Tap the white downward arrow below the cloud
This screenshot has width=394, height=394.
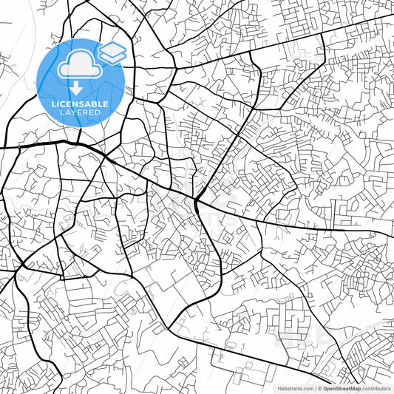[76, 88]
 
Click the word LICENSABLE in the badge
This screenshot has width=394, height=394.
[80, 104]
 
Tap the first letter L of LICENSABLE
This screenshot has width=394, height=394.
[52, 104]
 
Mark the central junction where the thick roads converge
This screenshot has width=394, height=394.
[197, 200]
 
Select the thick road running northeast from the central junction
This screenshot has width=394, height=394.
[222, 159]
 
